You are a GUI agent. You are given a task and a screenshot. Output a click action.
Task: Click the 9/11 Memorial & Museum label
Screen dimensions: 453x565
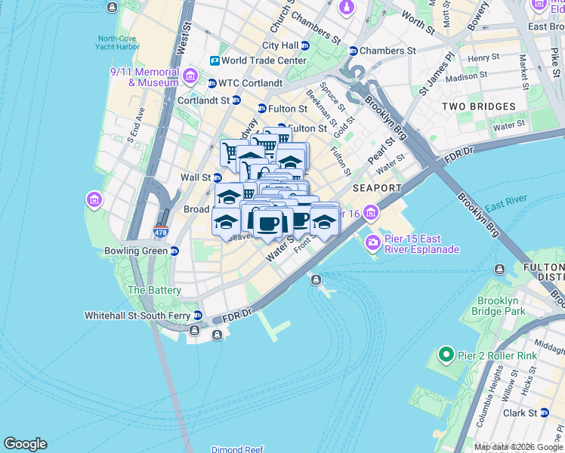coord(144,77)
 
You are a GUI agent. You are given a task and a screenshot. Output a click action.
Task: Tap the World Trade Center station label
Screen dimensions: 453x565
coord(264,60)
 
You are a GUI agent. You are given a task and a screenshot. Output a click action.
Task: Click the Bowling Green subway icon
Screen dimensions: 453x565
coord(174,251)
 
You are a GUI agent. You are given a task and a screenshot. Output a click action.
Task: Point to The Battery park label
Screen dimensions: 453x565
coord(154,290)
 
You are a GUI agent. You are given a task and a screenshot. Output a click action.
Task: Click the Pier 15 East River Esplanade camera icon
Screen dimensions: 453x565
coord(372,242)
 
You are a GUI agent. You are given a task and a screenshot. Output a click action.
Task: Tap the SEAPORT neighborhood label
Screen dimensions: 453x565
coord(377,187)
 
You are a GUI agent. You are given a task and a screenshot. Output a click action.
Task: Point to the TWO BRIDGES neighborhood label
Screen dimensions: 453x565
coord(478,106)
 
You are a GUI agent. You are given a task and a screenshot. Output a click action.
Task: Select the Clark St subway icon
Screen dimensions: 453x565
coord(544,413)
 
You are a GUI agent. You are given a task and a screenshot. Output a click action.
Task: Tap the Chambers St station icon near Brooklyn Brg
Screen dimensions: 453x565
coord(353,51)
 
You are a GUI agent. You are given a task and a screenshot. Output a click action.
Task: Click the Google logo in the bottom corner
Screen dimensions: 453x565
coord(25,444)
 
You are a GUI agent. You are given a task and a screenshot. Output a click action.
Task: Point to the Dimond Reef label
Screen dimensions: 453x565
coord(237,449)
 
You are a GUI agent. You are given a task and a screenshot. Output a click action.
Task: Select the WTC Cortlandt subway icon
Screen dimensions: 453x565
coord(212,82)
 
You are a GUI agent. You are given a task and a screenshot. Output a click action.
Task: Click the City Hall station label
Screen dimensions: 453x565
coord(280,45)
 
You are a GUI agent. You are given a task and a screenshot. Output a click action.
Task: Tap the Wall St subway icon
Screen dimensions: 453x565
coord(218,177)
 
